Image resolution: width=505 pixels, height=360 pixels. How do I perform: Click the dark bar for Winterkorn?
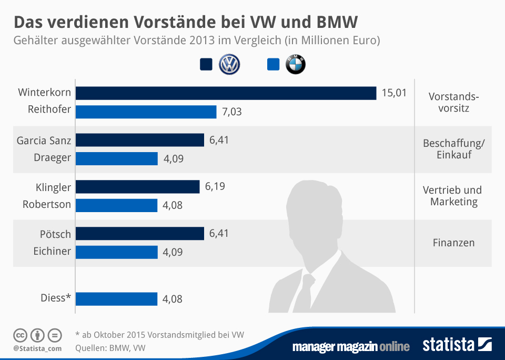226,93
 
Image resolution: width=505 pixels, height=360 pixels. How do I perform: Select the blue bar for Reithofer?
146,112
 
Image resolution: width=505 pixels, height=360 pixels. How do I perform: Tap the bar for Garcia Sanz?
140,140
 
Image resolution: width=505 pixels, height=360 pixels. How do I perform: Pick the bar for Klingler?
138,187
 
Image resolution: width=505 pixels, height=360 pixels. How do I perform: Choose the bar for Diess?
117,299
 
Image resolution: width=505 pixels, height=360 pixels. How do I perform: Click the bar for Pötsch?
140,233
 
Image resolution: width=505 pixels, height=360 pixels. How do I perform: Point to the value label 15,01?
394,93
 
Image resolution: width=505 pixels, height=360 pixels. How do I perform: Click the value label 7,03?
231,112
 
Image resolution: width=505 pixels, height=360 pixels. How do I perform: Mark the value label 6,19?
215,187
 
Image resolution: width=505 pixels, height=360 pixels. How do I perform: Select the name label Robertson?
47,205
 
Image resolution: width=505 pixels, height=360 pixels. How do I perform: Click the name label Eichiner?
48,251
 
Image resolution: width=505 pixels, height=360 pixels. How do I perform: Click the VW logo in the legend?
229,65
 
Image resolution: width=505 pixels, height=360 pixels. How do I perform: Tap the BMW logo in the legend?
295,65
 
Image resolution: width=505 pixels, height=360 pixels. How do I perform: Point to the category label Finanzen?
453,243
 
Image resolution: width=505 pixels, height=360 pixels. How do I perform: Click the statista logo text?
449,345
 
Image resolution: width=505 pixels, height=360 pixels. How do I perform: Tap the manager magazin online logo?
350,346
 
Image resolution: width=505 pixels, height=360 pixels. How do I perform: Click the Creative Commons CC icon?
20,335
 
